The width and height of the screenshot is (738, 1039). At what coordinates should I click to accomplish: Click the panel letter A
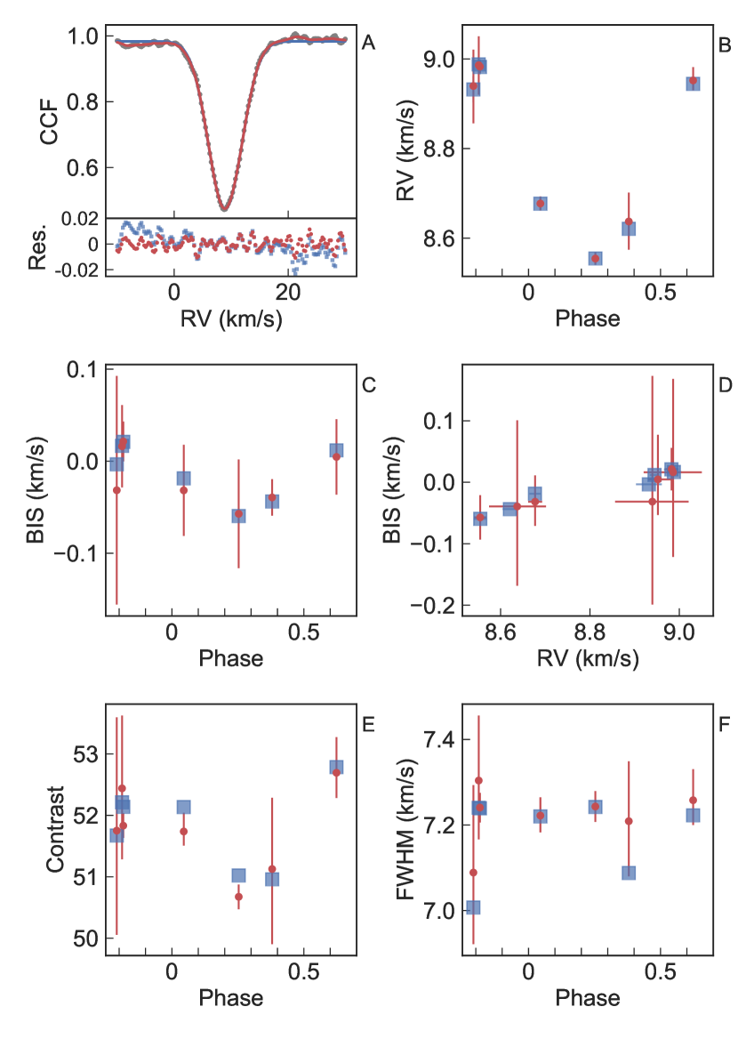tap(369, 41)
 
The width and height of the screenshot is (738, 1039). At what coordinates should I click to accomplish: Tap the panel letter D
tap(725, 385)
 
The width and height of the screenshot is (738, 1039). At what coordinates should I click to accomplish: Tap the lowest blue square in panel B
tap(595, 259)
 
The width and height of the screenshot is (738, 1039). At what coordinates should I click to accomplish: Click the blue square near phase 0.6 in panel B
tap(693, 83)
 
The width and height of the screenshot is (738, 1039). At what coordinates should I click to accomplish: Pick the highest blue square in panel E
tap(336, 767)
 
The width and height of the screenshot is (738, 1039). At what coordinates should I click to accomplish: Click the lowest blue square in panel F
tap(473, 907)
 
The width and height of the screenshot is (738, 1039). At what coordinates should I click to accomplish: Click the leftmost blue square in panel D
tap(480, 519)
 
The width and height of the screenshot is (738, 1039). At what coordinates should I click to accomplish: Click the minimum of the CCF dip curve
tap(224, 209)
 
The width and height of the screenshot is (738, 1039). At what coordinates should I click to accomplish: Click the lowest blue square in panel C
tap(238, 515)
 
